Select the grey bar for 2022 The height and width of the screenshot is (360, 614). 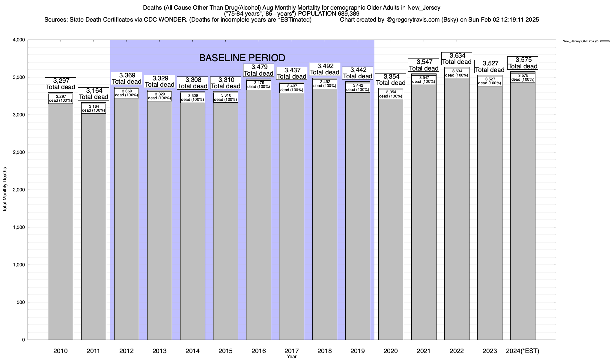point(457,210)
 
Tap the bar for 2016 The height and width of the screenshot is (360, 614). point(258,216)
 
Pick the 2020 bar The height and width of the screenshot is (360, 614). point(391,222)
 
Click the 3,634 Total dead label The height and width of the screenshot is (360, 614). point(457,58)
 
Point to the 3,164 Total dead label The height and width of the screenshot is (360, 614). point(94,94)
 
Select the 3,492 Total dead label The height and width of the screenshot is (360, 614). point(325,69)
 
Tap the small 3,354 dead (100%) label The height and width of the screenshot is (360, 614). point(391,94)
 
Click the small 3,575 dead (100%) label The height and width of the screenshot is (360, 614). point(523,77)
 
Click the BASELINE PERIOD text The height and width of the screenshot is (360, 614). point(242,58)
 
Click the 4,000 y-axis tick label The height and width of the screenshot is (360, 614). point(19,40)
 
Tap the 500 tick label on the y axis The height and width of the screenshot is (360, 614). point(21,302)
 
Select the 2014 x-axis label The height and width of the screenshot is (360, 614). point(192,351)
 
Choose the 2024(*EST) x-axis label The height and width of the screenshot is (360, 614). point(523,351)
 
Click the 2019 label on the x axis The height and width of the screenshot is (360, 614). point(358,351)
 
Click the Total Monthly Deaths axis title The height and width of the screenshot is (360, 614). point(5,190)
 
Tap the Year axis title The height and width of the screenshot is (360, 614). point(291,357)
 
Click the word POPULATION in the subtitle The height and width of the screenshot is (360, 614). point(317,14)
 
